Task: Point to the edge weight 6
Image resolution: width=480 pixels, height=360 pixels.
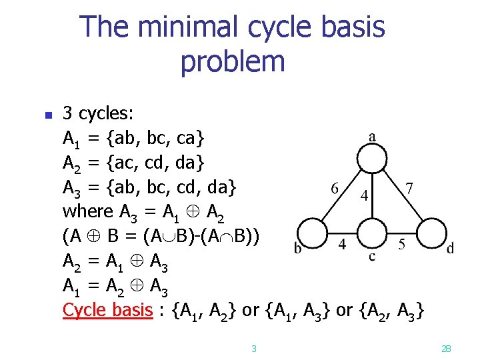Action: tap(336, 188)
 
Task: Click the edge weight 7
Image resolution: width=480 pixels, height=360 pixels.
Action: tap(409, 188)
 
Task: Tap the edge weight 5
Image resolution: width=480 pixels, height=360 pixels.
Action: tap(402, 244)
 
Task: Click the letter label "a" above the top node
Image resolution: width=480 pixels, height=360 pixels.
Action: tap(371, 137)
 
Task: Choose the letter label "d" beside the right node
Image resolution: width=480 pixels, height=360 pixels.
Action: tap(450, 249)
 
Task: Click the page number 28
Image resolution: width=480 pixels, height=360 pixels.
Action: tap(446, 348)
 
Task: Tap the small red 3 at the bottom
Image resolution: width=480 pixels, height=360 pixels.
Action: tap(254, 348)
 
